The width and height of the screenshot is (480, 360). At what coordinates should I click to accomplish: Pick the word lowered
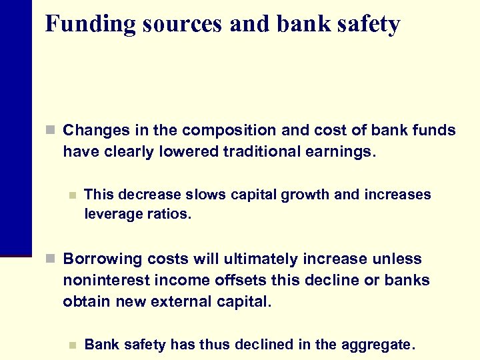pos(189,152)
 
